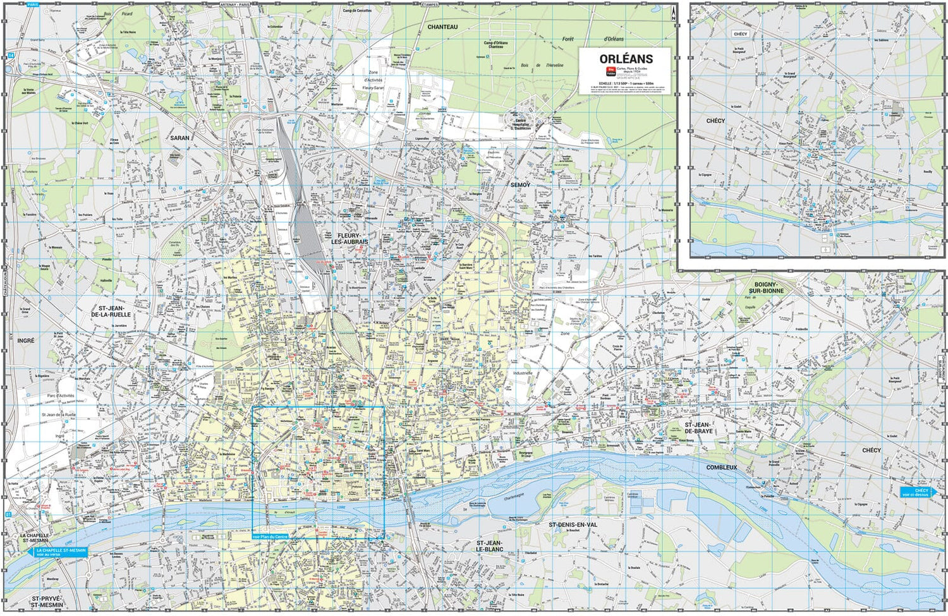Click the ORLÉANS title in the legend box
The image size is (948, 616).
point(626,59)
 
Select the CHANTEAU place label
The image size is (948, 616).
point(442,27)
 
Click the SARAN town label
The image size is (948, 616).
point(179,137)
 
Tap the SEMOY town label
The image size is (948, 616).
point(520,184)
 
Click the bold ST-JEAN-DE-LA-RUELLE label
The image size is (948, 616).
point(111,311)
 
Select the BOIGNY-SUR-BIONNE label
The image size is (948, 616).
point(766,287)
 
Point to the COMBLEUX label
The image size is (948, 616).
point(722,468)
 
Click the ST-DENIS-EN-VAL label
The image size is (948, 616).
point(573,524)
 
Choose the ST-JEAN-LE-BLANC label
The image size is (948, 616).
point(490,546)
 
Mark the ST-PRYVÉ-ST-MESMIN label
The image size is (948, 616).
point(47,601)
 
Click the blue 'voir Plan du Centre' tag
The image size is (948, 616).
point(270,536)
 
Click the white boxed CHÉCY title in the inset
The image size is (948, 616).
point(740,34)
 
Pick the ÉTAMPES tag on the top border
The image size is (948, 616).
point(430,4)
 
